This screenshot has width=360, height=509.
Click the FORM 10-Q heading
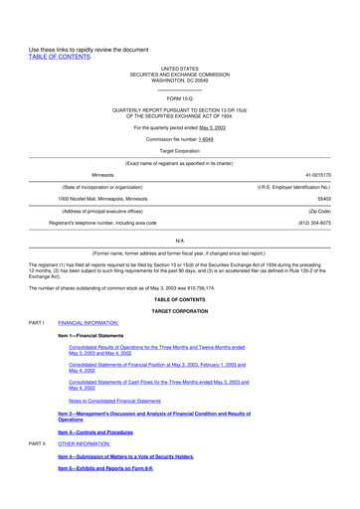180,98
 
